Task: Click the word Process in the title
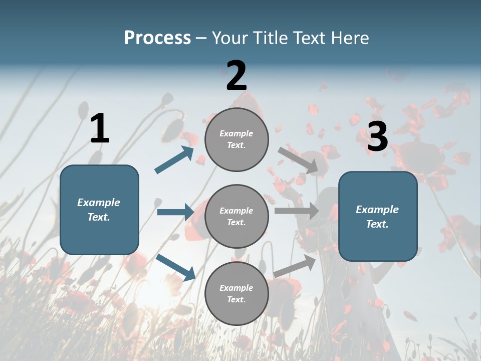(158, 38)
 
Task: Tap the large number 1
(100, 128)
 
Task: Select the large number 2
(236, 76)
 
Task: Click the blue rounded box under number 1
(99, 210)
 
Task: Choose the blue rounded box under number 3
(378, 216)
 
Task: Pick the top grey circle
(236, 139)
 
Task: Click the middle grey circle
(236, 216)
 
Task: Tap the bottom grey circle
(236, 293)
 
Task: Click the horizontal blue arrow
(175, 212)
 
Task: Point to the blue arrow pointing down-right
(176, 267)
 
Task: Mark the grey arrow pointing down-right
(298, 160)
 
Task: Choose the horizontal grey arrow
(297, 211)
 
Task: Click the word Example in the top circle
(236, 134)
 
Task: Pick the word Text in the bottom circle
(235, 300)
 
